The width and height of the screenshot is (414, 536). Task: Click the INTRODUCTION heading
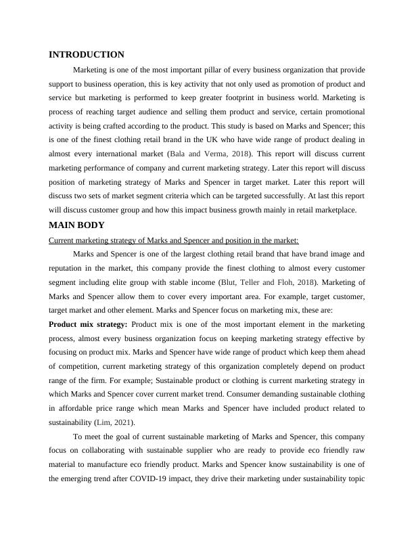[x=87, y=55]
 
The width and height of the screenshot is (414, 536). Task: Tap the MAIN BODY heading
[x=76, y=225]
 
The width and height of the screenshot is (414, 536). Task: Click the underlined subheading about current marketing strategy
[x=174, y=240]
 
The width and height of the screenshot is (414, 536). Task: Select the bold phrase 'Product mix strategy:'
[x=88, y=324]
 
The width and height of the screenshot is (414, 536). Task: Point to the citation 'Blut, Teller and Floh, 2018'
[x=264, y=282]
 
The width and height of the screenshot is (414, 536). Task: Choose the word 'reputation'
[x=69, y=268]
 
